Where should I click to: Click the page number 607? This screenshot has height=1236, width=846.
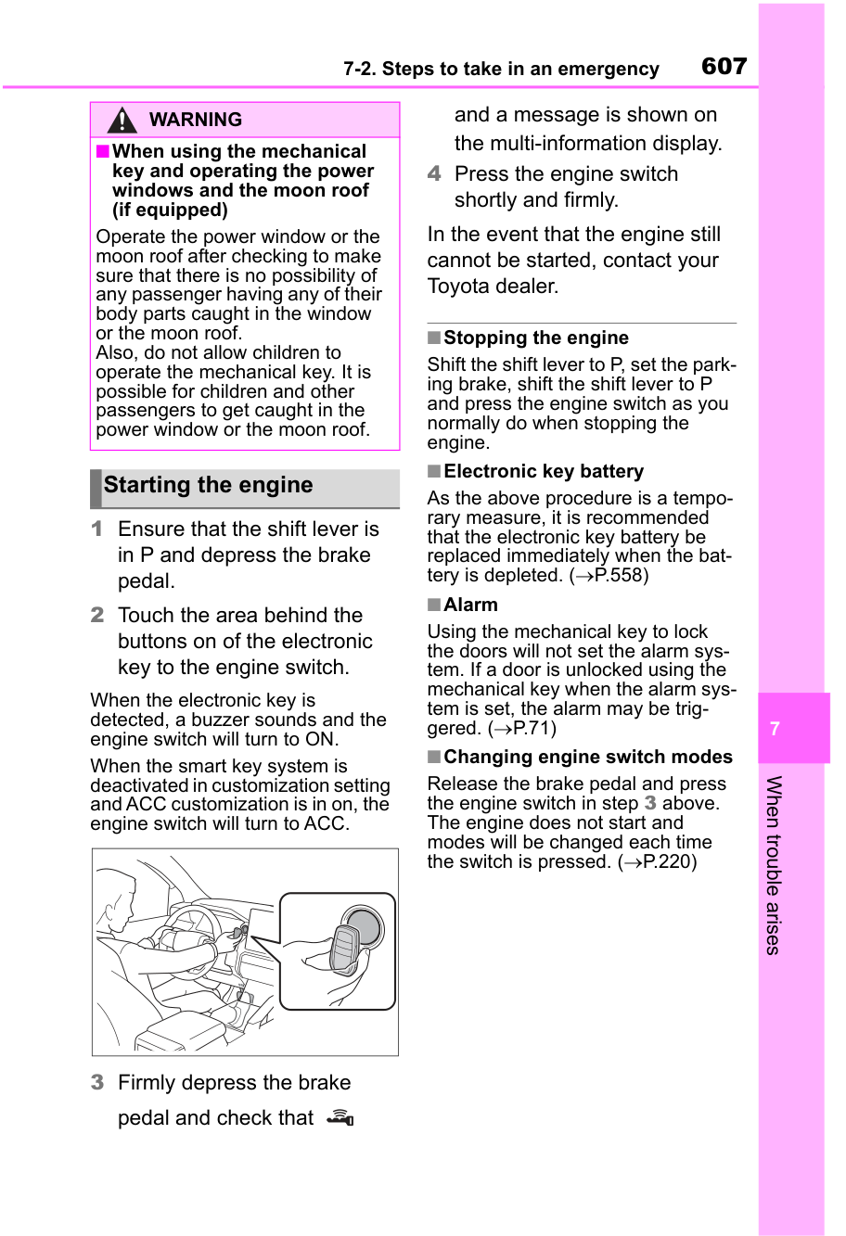(x=724, y=67)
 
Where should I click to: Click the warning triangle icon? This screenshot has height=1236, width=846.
(x=122, y=121)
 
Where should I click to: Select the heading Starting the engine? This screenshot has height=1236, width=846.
(x=208, y=486)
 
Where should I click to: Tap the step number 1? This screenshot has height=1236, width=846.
(x=96, y=529)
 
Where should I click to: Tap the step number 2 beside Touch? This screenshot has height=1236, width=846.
(x=96, y=616)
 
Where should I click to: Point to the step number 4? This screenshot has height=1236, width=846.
(x=434, y=174)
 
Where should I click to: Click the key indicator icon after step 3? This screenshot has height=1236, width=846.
(x=341, y=1118)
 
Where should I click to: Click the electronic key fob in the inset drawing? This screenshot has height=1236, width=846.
(x=345, y=948)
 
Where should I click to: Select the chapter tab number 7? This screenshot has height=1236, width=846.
(x=775, y=729)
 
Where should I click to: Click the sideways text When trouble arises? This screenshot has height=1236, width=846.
(x=774, y=864)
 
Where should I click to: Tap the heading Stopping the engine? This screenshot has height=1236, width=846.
(x=535, y=338)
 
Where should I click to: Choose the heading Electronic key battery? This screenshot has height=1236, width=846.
(x=543, y=472)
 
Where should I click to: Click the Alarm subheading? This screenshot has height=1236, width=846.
(x=470, y=605)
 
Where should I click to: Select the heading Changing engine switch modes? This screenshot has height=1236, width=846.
(x=587, y=758)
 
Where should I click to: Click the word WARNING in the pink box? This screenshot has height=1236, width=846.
(x=195, y=121)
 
